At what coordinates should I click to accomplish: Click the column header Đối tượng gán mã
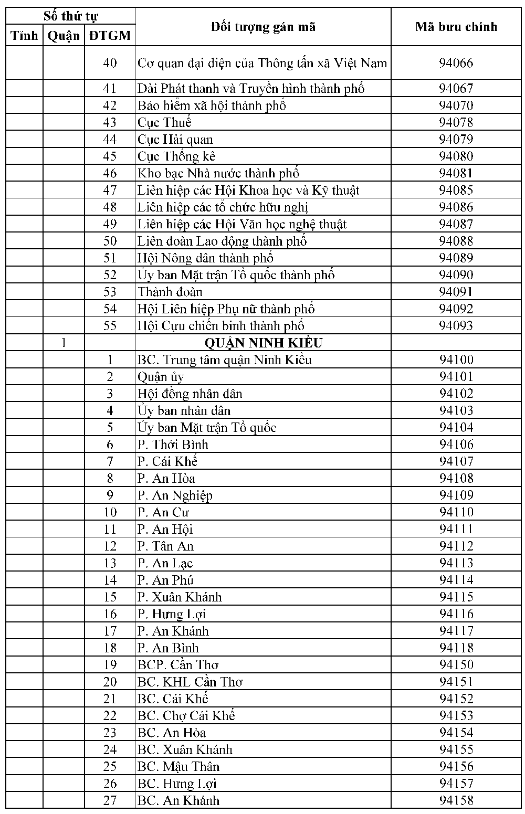click(x=263, y=27)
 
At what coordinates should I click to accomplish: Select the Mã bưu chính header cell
click(x=456, y=27)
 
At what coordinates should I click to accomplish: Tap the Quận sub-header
click(x=64, y=36)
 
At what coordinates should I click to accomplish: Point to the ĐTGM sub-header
click(x=110, y=36)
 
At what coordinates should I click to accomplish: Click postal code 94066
click(x=456, y=63)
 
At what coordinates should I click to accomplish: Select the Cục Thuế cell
click(x=164, y=122)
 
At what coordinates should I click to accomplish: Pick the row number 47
click(x=110, y=190)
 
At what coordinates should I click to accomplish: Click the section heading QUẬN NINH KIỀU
click(x=263, y=343)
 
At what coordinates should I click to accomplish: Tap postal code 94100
click(x=456, y=360)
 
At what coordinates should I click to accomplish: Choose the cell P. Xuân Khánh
click(x=180, y=597)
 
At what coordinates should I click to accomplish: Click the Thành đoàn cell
click(x=170, y=292)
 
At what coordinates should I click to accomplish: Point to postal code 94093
click(x=456, y=325)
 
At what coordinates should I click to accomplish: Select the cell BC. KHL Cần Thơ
click(x=190, y=682)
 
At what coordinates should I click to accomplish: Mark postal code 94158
click(x=456, y=800)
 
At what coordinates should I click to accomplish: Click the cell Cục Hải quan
click(x=175, y=139)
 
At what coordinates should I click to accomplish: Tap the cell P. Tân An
click(x=165, y=546)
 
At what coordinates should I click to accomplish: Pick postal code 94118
click(x=456, y=648)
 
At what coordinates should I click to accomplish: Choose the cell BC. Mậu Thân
click(x=178, y=766)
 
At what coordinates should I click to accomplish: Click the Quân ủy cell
click(x=161, y=376)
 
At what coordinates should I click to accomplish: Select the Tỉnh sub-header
click(x=25, y=36)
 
